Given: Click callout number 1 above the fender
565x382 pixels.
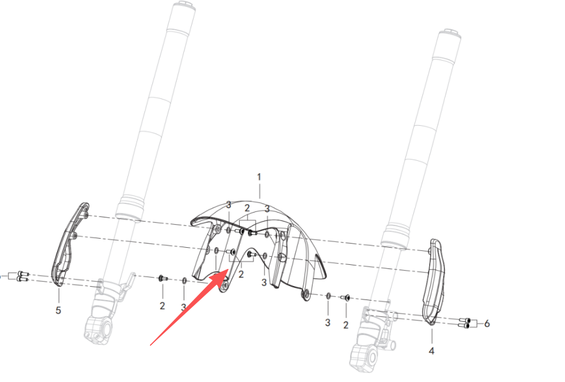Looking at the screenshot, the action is tap(259, 177).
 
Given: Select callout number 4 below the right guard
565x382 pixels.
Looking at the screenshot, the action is tap(431, 350).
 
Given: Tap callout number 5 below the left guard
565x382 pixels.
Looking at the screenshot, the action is tap(58, 310).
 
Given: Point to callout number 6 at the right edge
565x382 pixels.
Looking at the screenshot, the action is tap(487, 323).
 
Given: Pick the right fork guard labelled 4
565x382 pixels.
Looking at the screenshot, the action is tap(435, 281).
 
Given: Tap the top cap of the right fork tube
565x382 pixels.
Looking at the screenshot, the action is tap(449, 35).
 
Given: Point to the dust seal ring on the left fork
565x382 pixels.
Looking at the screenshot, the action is tap(131, 208).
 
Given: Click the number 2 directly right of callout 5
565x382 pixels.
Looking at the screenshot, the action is tap(162, 306).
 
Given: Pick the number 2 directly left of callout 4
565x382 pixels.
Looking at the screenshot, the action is tap(346, 325).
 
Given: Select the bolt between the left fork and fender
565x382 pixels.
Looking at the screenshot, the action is tap(162, 278).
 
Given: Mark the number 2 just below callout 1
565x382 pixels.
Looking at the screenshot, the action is tap(247, 208).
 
